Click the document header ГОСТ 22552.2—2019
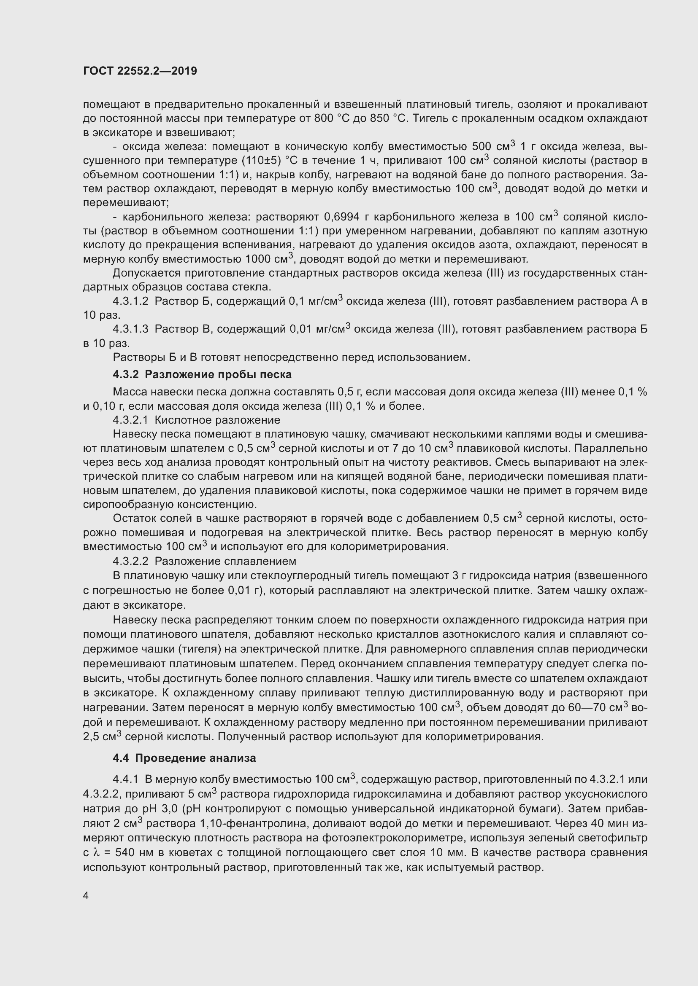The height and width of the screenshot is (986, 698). click(140, 71)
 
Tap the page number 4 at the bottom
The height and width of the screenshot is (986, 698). click(86, 896)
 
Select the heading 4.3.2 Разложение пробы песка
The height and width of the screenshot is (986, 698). click(202, 374)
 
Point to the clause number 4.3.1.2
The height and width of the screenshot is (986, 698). click(130, 301)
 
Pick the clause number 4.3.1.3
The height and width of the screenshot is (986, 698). click(130, 329)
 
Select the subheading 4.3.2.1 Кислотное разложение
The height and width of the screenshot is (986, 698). click(196, 420)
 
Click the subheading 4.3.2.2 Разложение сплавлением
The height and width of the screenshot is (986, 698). click(204, 561)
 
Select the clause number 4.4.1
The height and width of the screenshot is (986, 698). click(125, 779)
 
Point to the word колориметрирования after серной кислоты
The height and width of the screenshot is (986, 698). click(484, 737)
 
